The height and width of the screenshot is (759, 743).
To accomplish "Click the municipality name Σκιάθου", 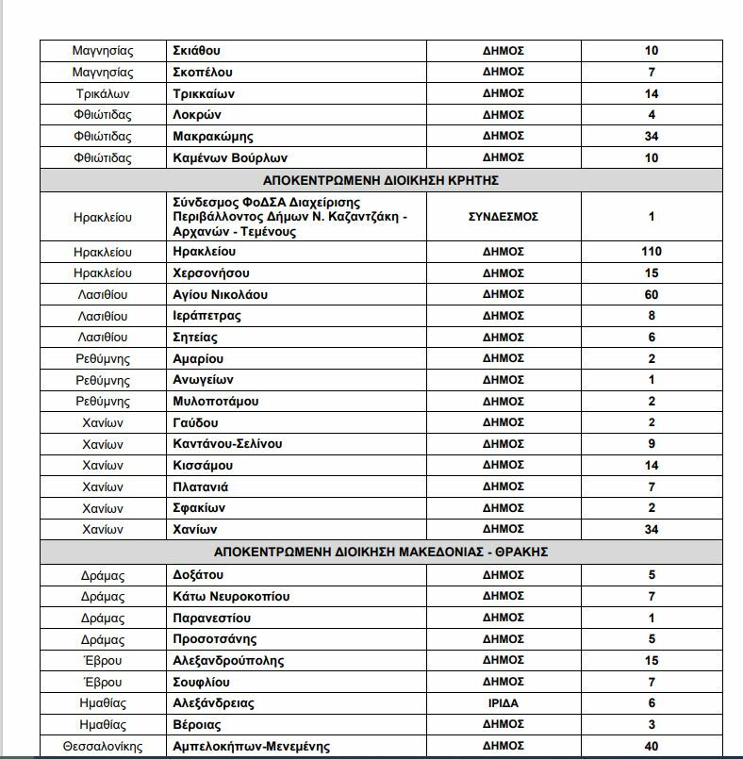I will (197, 51).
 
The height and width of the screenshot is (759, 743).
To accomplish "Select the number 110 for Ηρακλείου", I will (652, 252).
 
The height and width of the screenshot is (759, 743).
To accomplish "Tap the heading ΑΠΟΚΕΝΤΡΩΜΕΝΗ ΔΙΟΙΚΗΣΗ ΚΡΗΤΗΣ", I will (381, 180).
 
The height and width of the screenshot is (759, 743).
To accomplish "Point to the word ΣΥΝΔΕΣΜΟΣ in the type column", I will (503, 217).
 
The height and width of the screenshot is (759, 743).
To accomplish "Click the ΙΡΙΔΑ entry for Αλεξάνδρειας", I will (503, 703).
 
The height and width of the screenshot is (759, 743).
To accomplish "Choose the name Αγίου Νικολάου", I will (221, 295).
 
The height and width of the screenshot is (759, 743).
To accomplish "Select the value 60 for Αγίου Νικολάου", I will (652, 295).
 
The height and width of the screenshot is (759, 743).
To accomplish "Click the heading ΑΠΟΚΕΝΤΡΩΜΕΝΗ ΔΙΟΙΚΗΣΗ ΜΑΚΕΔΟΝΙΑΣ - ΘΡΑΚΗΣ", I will (381, 552).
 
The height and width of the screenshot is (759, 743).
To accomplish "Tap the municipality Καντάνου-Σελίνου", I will (227, 444).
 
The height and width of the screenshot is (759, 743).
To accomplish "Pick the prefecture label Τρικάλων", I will (103, 94).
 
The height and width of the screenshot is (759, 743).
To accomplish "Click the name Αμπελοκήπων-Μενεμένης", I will (252, 747).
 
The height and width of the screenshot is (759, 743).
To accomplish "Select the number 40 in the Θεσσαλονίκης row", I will (652, 747).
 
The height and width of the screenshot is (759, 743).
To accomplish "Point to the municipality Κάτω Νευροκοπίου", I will (231, 597).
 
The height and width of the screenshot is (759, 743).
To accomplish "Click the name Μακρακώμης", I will (213, 137).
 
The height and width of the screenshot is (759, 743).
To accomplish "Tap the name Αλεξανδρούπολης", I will (228, 661).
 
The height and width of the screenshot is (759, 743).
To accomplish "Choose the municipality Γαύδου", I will (196, 422).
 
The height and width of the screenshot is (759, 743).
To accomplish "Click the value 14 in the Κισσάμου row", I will (652, 466).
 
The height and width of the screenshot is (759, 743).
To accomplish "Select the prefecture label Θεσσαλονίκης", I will (103, 747).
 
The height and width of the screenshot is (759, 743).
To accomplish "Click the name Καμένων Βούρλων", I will (230, 158).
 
